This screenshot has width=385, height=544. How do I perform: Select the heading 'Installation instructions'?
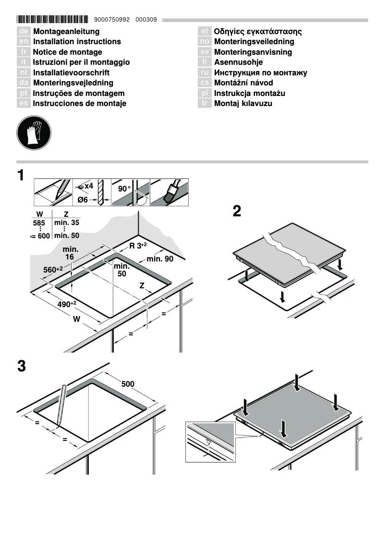[77, 42]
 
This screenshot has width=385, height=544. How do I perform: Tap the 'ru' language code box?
[205, 73]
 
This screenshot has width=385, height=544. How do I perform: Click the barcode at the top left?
[52, 20]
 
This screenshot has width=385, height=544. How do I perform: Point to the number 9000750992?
[113, 20]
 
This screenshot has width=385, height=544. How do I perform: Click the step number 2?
[237, 212]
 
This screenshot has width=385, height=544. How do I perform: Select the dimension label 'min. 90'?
[160, 259]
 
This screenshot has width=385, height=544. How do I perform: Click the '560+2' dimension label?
[53, 270]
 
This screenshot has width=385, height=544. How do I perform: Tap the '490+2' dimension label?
[67, 304]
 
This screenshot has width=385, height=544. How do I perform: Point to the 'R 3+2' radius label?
[138, 246]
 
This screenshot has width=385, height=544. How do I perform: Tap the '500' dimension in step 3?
[128, 384]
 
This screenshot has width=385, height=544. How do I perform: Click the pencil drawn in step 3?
[61, 404]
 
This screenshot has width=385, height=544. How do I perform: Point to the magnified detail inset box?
[211, 441]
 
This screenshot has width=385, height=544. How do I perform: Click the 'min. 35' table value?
[67, 223]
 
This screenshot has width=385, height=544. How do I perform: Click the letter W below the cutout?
[76, 319]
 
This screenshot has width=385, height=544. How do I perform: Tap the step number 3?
[21, 367]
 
